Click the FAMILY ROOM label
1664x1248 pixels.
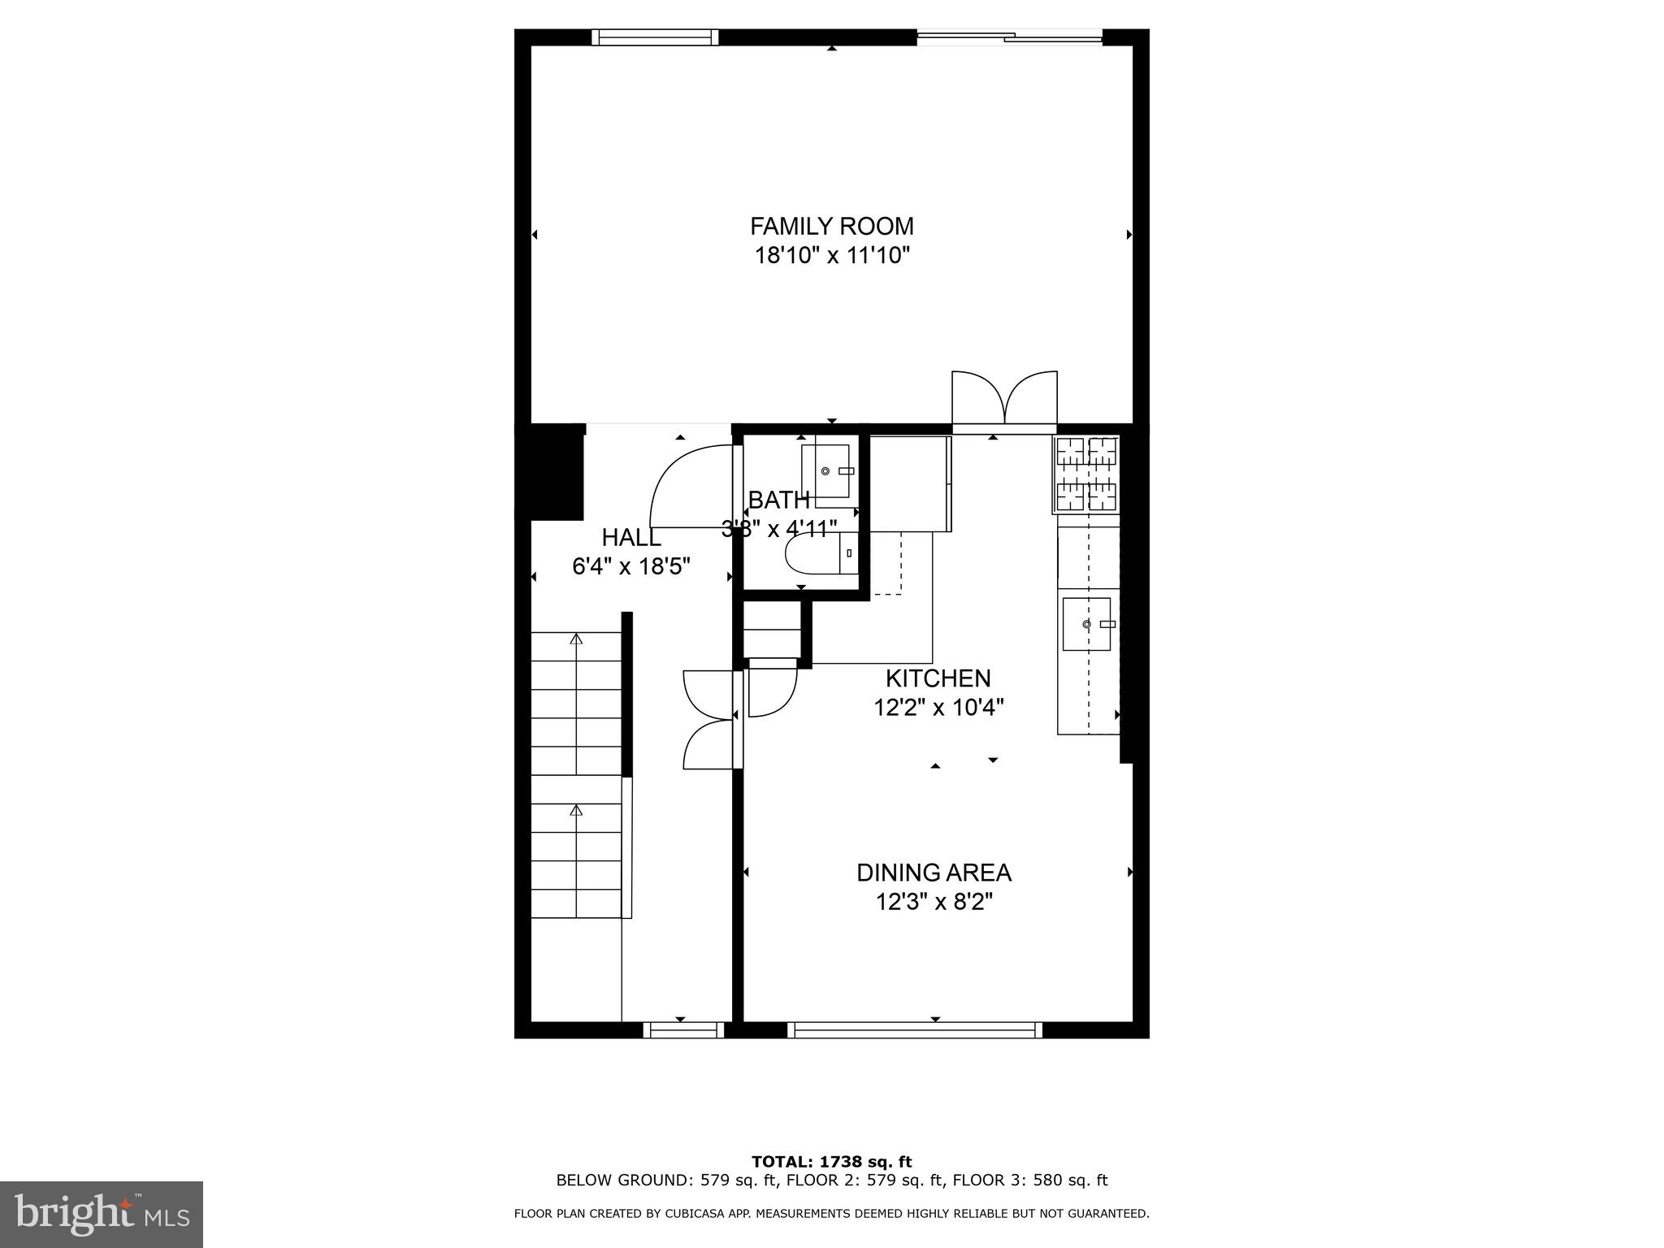[831, 226]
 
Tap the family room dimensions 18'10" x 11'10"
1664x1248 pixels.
[831, 256]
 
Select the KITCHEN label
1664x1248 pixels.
[938, 678]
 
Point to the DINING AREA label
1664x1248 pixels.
[934, 873]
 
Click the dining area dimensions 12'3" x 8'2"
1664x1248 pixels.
[934, 903]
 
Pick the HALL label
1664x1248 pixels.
[630, 538]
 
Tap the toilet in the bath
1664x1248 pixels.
[817, 553]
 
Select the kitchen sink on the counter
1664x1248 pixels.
[1086, 624]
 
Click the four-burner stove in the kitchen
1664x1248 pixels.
[1085, 474]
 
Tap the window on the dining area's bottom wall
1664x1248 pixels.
[914, 1030]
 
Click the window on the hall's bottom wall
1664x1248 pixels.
[683, 1030]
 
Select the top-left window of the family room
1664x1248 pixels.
[655, 37]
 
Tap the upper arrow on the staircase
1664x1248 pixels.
[576, 639]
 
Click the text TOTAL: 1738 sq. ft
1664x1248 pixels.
[831, 1162]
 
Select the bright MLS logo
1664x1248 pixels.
[102, 1214]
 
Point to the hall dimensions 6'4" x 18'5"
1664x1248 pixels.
[631, 566]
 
